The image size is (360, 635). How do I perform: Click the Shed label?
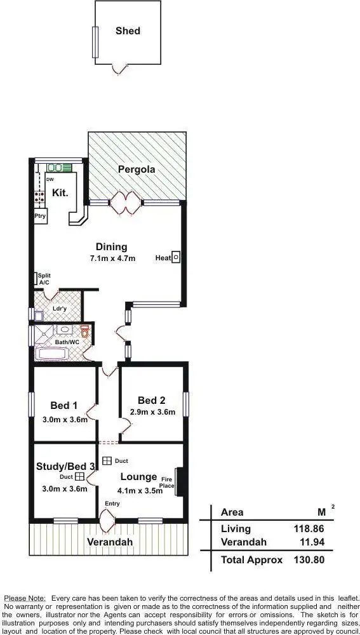(128, 30)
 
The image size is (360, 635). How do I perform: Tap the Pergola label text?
(137, 170)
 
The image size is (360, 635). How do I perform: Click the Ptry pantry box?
(40, 217)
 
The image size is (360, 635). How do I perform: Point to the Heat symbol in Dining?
(177, 258)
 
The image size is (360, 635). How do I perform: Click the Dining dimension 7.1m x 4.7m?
(112, 258)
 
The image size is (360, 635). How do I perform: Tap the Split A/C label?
(43, 279)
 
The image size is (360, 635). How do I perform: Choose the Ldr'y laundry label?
(60, 309)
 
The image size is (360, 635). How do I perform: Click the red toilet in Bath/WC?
(86, 332)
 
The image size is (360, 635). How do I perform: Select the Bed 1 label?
(63, 406)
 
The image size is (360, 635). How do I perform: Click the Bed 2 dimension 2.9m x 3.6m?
(152, 411)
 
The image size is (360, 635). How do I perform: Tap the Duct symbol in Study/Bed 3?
(80, 476)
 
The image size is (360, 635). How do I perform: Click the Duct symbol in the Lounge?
(107, 461)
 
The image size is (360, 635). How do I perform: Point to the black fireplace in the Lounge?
(179, 481)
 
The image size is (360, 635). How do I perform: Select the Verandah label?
(110, 542)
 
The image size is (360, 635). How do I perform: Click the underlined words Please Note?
(25, 598)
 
